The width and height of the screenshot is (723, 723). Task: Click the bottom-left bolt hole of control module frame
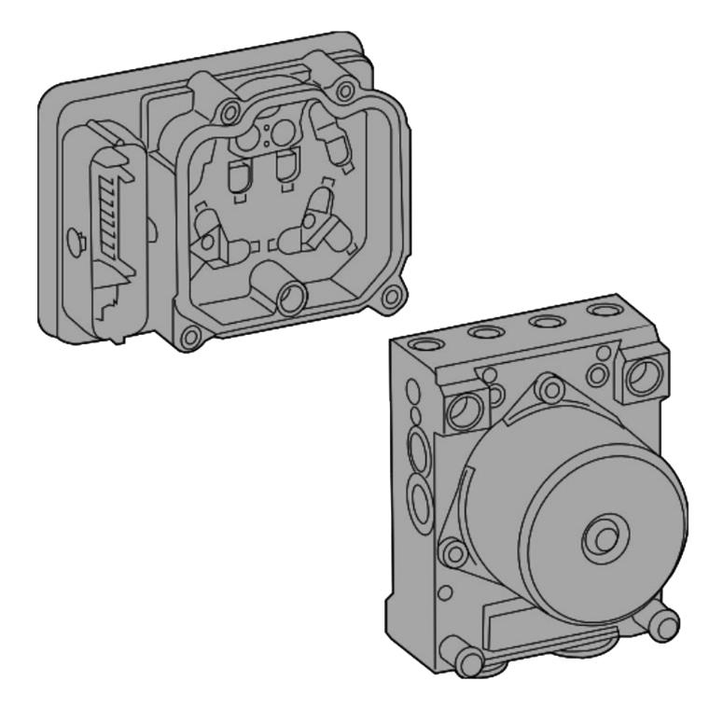[x=190, y=337]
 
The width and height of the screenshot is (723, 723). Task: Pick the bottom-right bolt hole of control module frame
[x=392, y=298]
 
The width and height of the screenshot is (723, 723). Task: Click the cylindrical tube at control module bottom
[x=290, y=297]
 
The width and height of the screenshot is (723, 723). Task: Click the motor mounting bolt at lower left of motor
[x=454, y=553]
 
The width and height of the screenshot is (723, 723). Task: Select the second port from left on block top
[x=487, y=332]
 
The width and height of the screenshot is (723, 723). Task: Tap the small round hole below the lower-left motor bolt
[x=446, y=591]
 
